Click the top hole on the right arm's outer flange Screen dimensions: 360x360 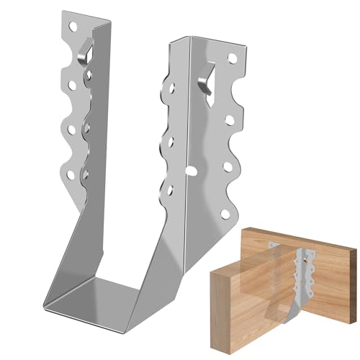pos(232,56)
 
